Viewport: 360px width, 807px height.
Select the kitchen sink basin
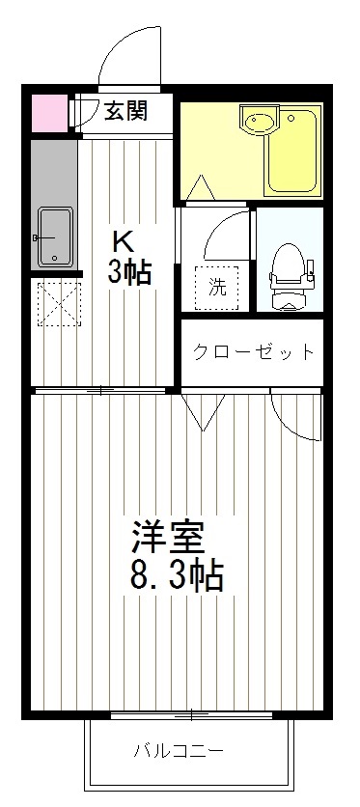coord(53,236)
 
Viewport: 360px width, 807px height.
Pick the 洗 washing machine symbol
coord(218,286)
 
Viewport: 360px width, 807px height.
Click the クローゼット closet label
coord(253,351)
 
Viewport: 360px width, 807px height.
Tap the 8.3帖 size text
coord(177,576)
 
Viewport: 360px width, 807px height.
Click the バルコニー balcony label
coord(178,750)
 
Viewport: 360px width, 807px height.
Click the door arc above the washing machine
coord(225,232)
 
